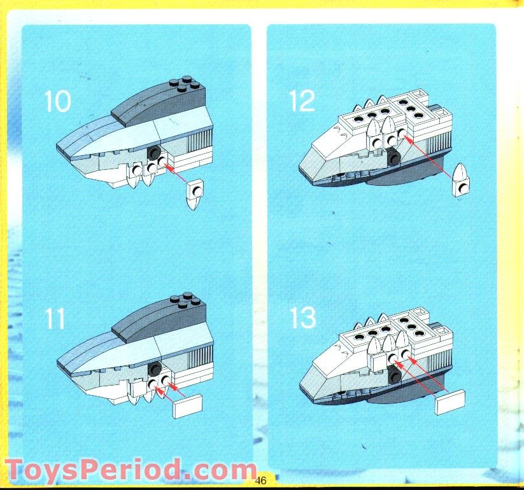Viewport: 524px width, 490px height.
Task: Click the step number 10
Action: pos(58,101)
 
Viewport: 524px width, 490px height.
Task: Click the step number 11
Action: pos(56,318)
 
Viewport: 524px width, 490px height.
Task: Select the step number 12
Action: pos(302,101)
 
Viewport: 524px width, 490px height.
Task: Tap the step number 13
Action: pos(302,318)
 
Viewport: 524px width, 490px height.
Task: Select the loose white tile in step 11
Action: pos(187,406)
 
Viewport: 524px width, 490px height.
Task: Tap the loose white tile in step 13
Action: pos(451,402)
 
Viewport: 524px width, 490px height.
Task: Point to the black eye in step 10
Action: pos(153,153)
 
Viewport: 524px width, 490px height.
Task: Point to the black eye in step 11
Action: pos(153,369)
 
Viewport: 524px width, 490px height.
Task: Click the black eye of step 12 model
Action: pos(394,159)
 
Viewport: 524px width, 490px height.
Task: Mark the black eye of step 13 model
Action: pos(395,377)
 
